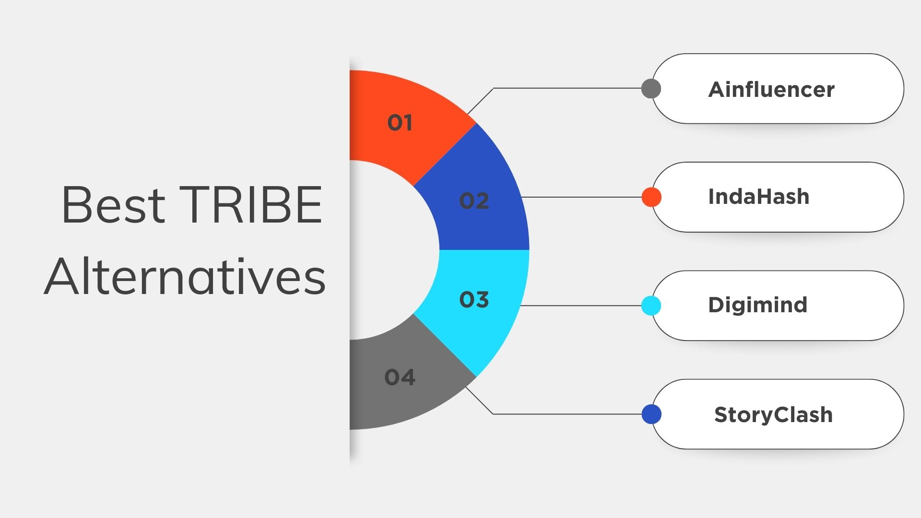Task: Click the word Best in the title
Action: click(x=113, y=205)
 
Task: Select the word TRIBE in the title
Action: click(x=250, y=205)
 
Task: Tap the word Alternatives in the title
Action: click(x=185, y=277)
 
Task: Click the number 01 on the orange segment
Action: click(x=400, y=123)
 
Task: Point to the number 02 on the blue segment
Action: click(x=474, y=201)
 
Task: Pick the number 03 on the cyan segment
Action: click(x=474, y=300)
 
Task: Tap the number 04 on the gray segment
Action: click(x=400, y=377)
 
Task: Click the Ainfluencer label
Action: click(x=771, y=90)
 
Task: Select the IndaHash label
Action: click(x=758, y=197)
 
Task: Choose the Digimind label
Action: click(x=758, y=305)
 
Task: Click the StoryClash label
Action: click(x=773, y=415)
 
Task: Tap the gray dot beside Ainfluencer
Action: click(x=651, y=89)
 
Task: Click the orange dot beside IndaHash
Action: click(x=651, y=197)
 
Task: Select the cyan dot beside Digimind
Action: click(x=651, y=306)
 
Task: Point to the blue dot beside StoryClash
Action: click(x=651, y=414)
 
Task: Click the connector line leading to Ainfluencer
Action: click(x=566, y=88)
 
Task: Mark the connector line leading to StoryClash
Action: click(x=566, y=414)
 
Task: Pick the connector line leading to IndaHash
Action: click(x=580, y=197)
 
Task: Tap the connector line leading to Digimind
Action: click(x=580, y=306)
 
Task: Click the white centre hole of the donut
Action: click(x=384, y=250)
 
